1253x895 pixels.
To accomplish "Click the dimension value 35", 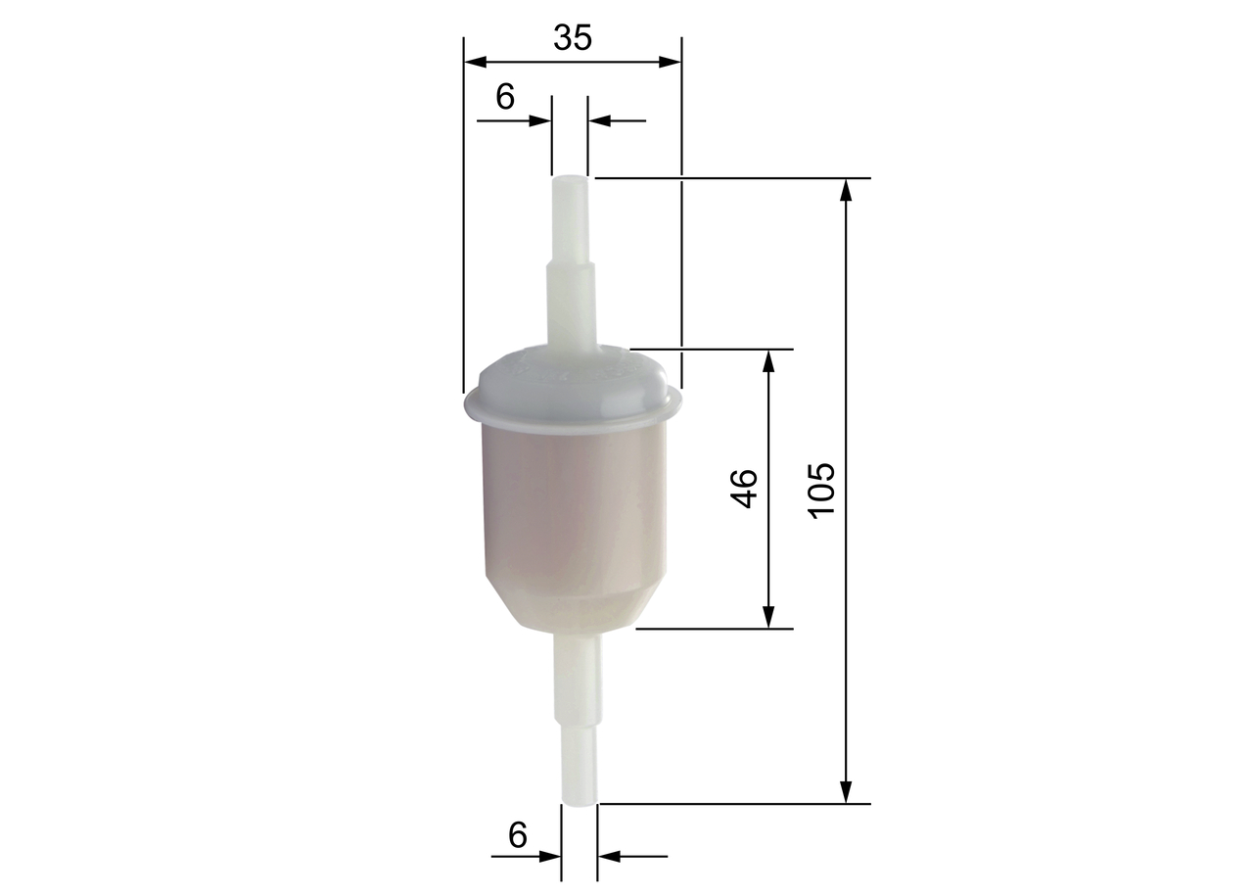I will (573, 38).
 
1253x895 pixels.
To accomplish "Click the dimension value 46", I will (745, 488).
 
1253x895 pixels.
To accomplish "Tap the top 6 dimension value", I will (505, 97).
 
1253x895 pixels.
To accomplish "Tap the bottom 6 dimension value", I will (518, 835).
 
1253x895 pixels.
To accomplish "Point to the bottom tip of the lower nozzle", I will (579, 802).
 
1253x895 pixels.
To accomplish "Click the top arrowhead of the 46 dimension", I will (768, 360).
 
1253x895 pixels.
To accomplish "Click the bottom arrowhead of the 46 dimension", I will (768, 617).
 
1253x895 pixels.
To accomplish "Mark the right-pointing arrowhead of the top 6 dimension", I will (539, 120).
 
